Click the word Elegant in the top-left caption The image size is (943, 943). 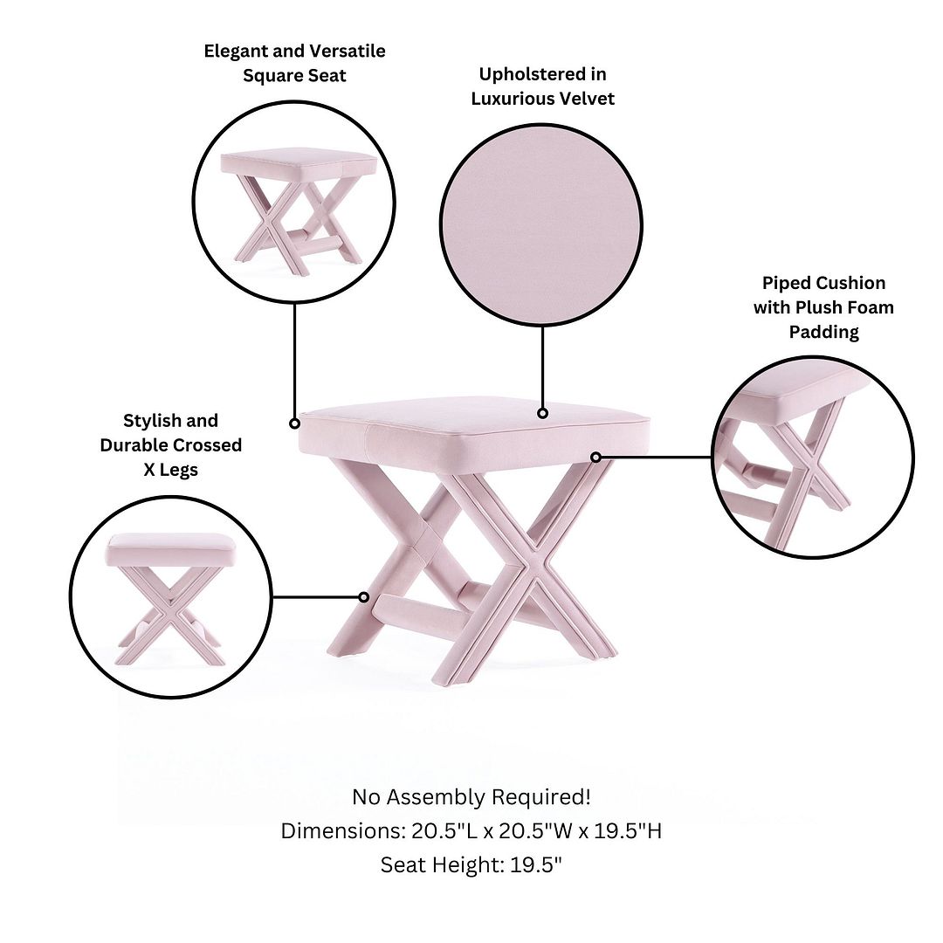point(236,52)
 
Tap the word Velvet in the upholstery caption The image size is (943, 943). point(587,99)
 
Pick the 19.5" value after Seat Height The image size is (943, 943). point(536,864)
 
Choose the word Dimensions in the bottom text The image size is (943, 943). point(343,831)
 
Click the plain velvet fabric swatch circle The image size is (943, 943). point(541,225)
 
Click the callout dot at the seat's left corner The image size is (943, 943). point(295,423)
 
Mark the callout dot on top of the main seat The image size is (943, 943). point(542,413)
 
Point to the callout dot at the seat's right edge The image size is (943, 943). point(595,458)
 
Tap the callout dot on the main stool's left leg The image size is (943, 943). point(364,597)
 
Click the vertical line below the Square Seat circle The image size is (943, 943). point(295,361)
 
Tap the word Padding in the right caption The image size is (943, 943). point(824,332)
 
